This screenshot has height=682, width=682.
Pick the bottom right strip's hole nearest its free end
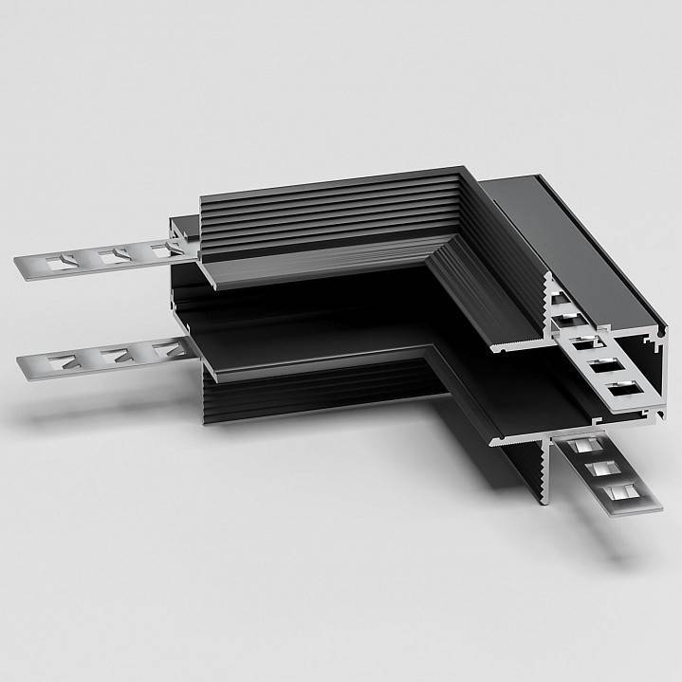(617, 489)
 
